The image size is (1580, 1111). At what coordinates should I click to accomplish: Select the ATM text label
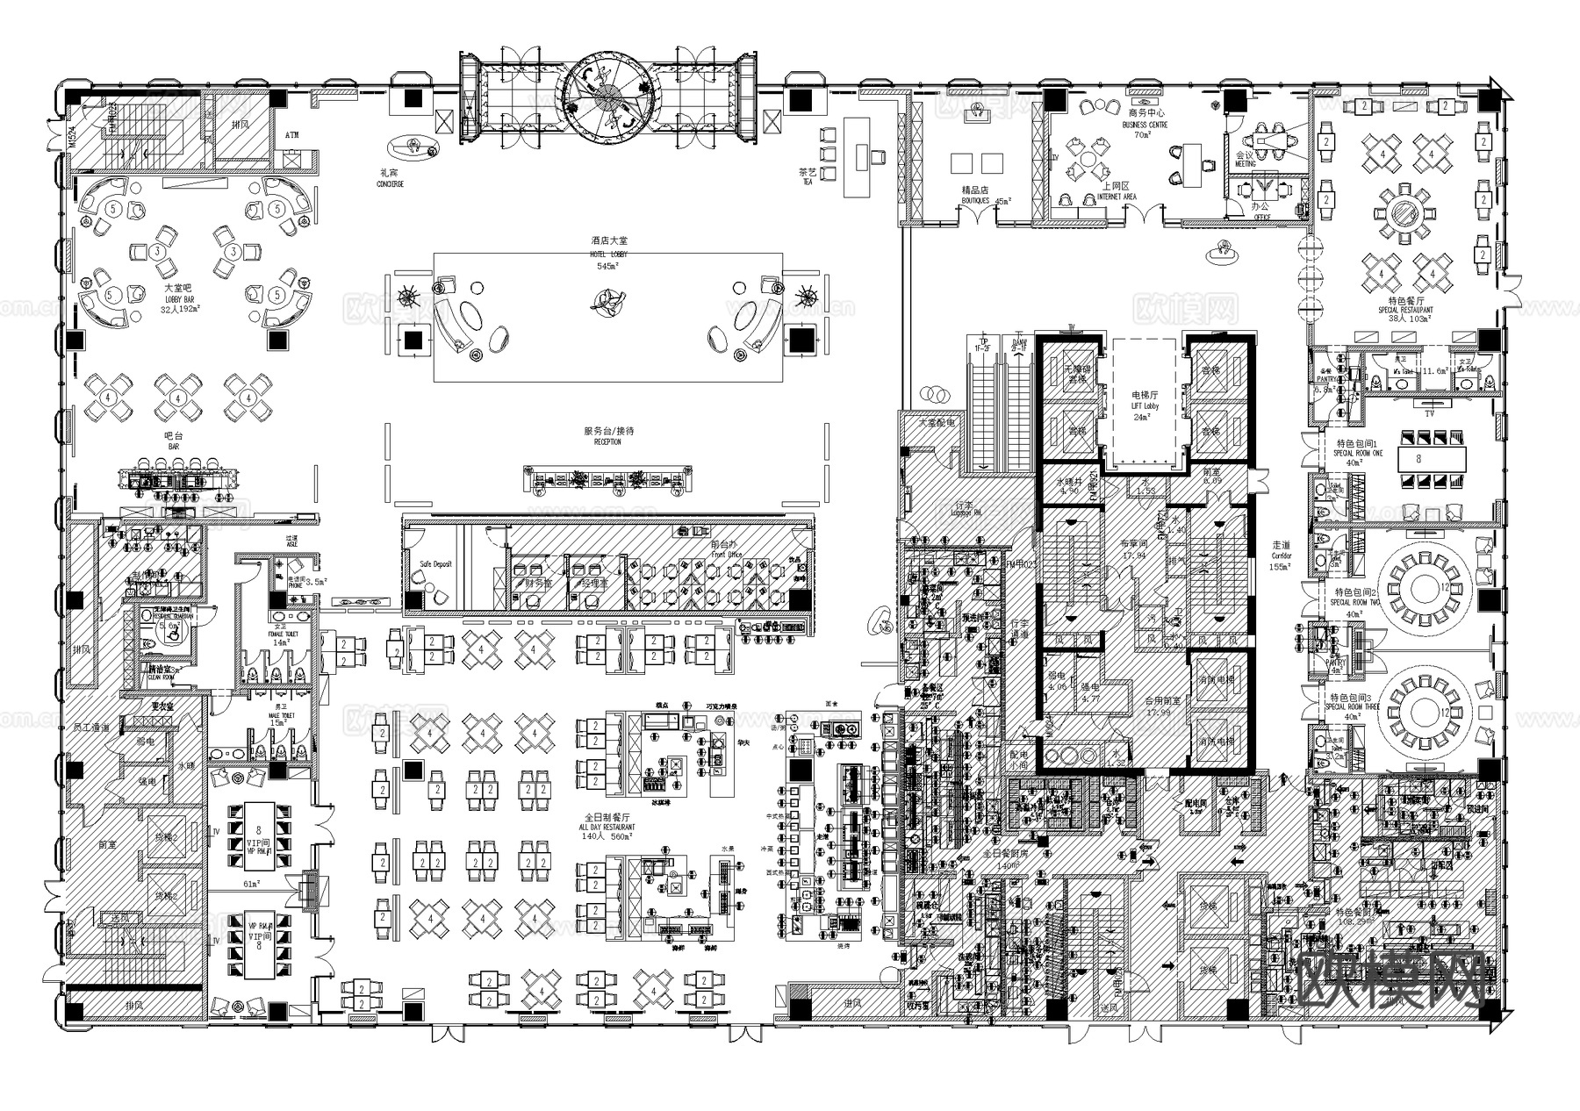(292, 135)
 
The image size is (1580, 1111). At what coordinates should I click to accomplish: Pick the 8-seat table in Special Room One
(1418, 458)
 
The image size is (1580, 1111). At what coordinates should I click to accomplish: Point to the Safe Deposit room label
(436, 563)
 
